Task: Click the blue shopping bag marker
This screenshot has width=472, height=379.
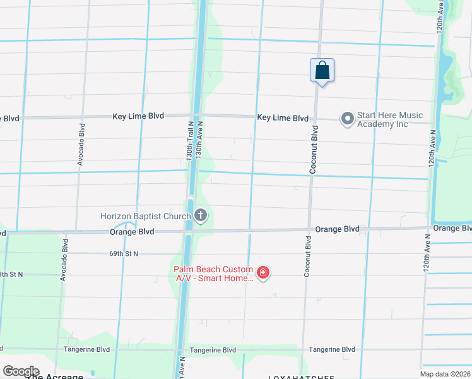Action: point(322,71)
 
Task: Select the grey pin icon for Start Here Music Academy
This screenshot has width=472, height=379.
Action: point(347,118)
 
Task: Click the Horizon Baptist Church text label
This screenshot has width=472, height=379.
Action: point(146,217)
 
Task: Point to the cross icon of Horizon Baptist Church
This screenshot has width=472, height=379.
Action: point(201,217)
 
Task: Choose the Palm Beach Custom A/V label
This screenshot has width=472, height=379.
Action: point(214,274)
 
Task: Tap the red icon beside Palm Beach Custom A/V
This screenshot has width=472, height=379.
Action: point(263,274)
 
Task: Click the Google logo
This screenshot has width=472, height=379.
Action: point(21,371)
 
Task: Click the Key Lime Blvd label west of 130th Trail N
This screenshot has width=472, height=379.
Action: point(138,116)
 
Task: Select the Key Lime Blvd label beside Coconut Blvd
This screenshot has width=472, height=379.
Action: point(283,118)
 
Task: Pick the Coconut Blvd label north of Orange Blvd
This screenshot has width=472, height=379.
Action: point(313,149)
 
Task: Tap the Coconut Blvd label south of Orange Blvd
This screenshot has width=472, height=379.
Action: point(308,256)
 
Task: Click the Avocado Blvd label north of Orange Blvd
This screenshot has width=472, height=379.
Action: point(81,145)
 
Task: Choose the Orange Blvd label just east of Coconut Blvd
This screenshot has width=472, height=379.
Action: point(338,229)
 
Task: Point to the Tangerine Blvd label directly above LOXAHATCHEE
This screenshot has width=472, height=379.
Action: point(331,349)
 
